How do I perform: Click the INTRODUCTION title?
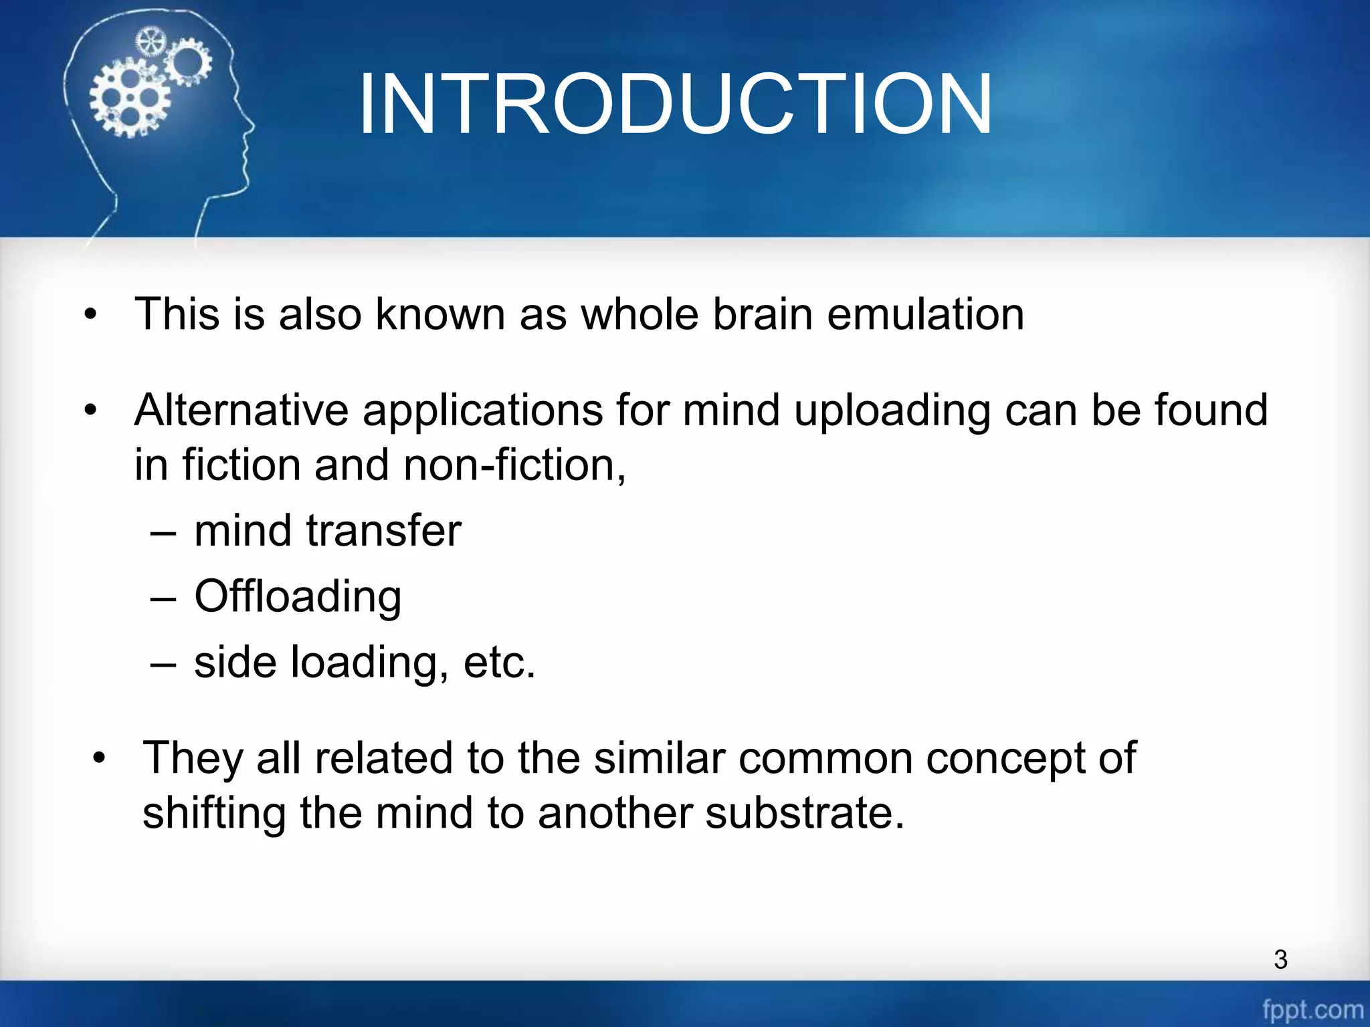point(676,104)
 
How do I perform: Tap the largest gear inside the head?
point(130,98)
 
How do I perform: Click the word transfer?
point(383,531)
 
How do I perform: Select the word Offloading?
point(298,596)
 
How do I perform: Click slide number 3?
point(1280,959)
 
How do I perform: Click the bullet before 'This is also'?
point(91,314)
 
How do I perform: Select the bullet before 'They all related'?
point(100,759)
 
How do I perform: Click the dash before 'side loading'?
point(163,663)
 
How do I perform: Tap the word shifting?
point(213,813)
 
